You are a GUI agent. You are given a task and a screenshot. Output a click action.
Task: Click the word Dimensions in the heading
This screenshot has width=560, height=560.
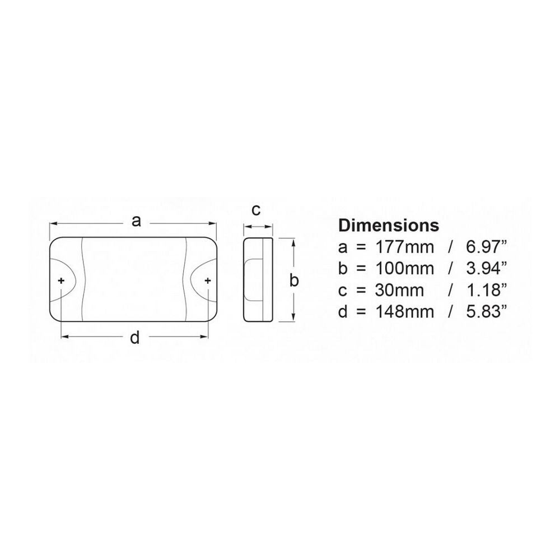[389, 226]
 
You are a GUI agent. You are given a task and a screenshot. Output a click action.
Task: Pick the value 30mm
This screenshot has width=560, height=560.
[392, 290]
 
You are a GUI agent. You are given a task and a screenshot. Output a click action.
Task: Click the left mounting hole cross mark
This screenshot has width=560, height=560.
[61, 280]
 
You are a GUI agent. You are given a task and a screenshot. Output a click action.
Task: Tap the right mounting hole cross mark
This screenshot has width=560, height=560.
[208, 280]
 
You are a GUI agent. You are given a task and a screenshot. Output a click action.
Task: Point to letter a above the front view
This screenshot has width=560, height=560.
[135, 222]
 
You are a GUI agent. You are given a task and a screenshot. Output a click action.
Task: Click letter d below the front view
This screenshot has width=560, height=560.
[134, 338]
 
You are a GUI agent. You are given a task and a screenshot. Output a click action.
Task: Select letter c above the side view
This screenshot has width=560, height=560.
[256, 210]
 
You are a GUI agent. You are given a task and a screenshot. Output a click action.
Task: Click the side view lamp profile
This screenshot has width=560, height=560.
[258, 280]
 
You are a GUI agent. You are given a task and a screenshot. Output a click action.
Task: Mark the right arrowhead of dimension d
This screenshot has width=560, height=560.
[205, 337]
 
